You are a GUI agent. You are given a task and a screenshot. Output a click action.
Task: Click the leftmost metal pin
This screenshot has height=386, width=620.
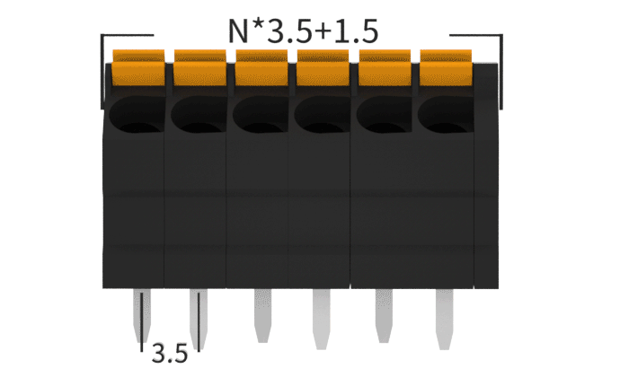point(141,316)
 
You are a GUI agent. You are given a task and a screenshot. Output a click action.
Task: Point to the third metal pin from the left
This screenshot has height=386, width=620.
point(261,314)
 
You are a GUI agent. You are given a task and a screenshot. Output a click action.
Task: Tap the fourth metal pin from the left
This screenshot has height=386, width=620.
point(322,316)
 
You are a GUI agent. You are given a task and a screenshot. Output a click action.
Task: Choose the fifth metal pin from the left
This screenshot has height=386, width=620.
point(382,316)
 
